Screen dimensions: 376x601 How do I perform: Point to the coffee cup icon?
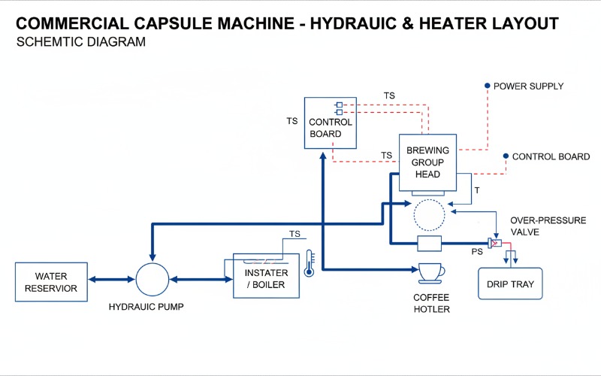point(431,271)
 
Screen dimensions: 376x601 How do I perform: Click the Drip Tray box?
point(512,284)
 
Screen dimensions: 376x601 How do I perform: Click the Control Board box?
point(330,122)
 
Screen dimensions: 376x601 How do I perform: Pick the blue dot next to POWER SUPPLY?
point(487,86)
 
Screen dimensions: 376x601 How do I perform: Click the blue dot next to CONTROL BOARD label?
point(506,156)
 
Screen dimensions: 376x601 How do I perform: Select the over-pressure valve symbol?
point(494,243)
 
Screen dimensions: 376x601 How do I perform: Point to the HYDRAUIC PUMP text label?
point(146,307)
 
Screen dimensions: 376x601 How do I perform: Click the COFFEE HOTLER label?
point(431,303)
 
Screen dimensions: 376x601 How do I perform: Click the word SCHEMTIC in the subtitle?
point(50,42)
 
